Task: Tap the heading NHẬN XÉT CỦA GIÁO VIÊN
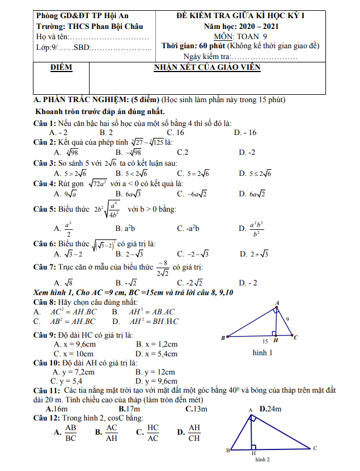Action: [207, 68]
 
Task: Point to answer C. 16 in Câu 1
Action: [187, 133]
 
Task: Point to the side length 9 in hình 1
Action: [287, 319]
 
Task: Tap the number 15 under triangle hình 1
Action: [265, 342]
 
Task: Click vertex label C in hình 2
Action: [315, 448]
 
